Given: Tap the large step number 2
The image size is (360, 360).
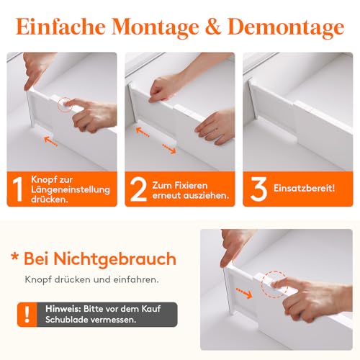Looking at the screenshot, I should tap(138, 188).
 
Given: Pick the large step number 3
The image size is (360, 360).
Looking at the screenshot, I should tap(258, 188).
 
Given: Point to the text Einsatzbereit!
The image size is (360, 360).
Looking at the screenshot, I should tap(303, 188).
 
